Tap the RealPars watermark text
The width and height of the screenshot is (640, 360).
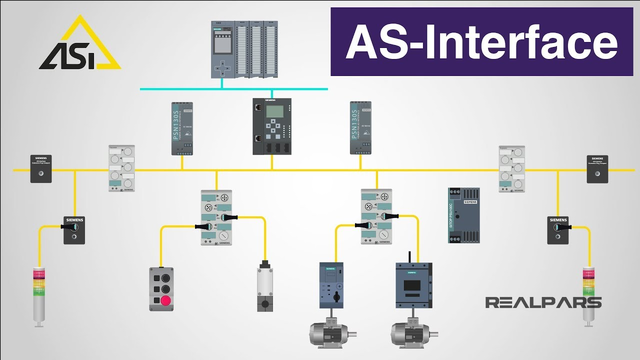[543, 302]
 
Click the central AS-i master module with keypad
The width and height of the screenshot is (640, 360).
[273, 127]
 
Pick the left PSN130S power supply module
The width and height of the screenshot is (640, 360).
[180, 127]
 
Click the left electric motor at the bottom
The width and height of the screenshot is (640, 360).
[330, 333]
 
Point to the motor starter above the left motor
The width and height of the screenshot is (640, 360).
[332, 284]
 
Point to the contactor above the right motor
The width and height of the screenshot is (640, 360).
[410, 284]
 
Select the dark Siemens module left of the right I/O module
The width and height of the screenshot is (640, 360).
[464, 212]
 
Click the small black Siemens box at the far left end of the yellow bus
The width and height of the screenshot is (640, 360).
[39, 168]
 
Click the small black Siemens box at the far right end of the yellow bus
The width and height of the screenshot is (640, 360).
[596, 168]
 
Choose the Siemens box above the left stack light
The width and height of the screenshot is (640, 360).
[74, 229]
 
